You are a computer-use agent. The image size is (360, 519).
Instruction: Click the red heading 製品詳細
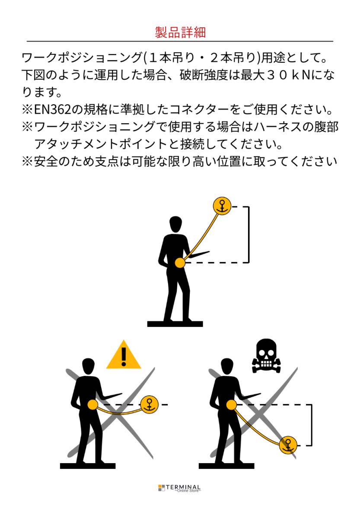[x=180, y=32]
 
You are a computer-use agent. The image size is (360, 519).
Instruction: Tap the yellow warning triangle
[x=124, y=355]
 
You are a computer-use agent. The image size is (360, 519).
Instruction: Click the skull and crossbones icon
[x=266, y=356]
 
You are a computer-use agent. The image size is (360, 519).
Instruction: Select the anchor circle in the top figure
[x=222, y=206]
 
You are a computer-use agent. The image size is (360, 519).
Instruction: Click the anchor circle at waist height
[x=150, y=404]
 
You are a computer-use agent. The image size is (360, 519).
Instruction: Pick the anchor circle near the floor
[x=288, y=445]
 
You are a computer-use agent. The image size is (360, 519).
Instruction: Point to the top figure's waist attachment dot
[x=180, y=263]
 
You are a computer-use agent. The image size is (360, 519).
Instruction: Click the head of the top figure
[x=175, y=224]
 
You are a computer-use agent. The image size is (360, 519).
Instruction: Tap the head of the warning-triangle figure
[x=88, y=366]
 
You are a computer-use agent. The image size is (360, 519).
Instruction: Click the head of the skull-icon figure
[x=227, y=366]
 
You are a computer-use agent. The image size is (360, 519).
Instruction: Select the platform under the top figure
[x=175, y=324]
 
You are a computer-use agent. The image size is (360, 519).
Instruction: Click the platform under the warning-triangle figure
[x=88, y=466]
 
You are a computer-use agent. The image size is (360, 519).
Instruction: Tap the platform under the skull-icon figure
[x=226, y=466]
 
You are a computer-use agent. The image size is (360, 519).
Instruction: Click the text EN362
[x=52, y=109]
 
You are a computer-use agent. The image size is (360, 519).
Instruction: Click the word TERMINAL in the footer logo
[x=183, y=487]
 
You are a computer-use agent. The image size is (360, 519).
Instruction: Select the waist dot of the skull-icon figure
[x=231, y=405]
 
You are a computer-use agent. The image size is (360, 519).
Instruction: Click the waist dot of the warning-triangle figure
[x=92, y=404]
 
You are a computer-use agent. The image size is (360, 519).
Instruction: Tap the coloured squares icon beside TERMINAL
[x=162, y=488]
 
